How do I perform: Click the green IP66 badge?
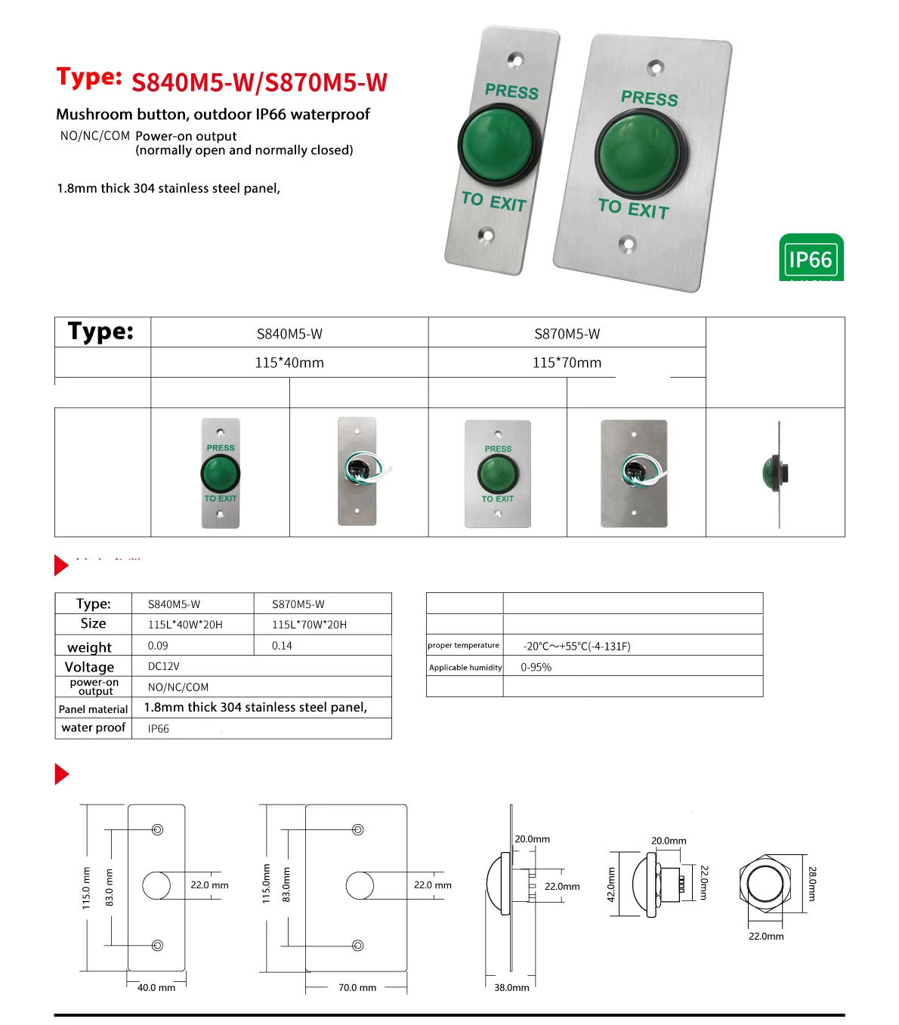[811, 258]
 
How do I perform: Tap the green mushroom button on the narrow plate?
[499, 144]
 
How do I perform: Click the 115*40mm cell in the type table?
[289, 363]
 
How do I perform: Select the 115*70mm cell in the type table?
[567, 363]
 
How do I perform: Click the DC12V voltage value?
[163, 666]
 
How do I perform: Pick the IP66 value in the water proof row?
[158, 729]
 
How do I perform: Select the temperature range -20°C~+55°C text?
[576, 647]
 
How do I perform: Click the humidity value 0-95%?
[536, 668]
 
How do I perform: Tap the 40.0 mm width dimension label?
[156, 987]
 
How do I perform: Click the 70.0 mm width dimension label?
[357, 987]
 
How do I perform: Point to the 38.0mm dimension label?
[511, 987]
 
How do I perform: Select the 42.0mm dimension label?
[611, 885]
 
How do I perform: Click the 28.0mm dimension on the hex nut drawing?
[812, 884]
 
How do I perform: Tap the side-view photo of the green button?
[777, 474]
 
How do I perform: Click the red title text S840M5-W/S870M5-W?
[259, 82]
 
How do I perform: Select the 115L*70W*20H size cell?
[309, 625]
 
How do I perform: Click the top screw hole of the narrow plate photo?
[516, 58]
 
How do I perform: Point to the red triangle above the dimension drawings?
[61, 774]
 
